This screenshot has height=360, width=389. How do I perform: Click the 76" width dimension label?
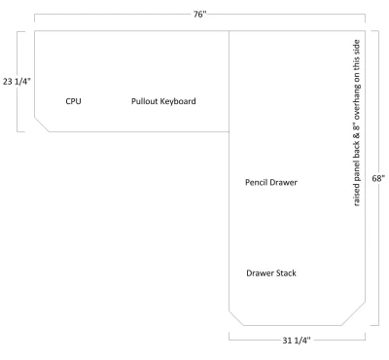199,15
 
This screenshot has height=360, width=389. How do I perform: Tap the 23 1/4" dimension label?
17,82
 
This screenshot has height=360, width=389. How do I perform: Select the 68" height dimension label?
378,178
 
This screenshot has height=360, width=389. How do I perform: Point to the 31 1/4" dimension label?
297,341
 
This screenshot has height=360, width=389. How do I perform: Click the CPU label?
73,101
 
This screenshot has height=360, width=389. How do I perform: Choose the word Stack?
286,273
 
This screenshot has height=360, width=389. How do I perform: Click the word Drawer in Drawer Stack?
260,273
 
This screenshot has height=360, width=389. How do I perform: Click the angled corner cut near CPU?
42,125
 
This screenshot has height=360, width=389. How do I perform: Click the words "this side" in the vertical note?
356,54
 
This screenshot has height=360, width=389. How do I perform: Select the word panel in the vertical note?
356,170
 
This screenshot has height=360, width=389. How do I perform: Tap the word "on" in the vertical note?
356,77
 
